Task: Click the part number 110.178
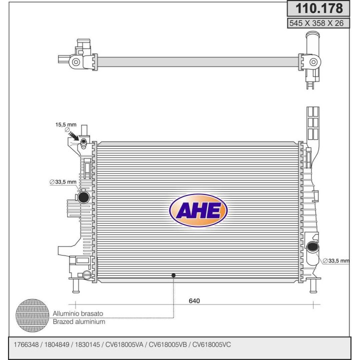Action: (x=318, y=8)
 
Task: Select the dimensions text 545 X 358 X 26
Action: (x=316, y=23)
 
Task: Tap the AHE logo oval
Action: (x=198, y=210)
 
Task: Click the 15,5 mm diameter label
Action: (x=65, y=124)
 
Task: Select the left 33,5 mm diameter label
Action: (x=63, y=182)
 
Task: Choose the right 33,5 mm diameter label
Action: (x=336, y=261)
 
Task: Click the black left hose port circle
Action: (x=83, y=197)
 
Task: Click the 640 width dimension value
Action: (x=194, y=301)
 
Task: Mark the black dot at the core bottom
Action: (x=173, y=275)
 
